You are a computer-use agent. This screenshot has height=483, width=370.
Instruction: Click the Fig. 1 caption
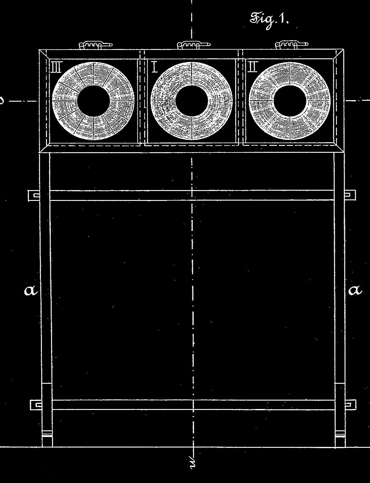click(269, 20)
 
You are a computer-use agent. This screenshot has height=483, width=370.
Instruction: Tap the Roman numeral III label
click(56, 67)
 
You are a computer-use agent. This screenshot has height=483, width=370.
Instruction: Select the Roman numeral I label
click(155, 67)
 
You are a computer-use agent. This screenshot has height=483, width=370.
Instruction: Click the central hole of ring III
click(93, 101)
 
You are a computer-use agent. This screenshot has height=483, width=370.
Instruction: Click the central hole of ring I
click(192, 101)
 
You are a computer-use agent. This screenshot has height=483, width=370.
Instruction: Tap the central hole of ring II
click(290, 101)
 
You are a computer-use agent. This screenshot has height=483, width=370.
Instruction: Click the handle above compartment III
click(96, 45)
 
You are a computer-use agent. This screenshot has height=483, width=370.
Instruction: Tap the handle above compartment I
click(194, 45)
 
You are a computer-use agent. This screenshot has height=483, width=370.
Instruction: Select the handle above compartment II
click(291, 45)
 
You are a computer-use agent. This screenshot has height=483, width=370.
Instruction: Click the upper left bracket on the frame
click(34, 195)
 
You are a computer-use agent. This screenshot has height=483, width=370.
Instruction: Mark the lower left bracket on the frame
click(36, 405)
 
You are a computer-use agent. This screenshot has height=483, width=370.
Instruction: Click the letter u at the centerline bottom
click(193, 462)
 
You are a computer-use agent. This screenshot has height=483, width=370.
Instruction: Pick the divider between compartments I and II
click(240, 98)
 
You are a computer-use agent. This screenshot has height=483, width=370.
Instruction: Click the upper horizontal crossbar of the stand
click(192, 195)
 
